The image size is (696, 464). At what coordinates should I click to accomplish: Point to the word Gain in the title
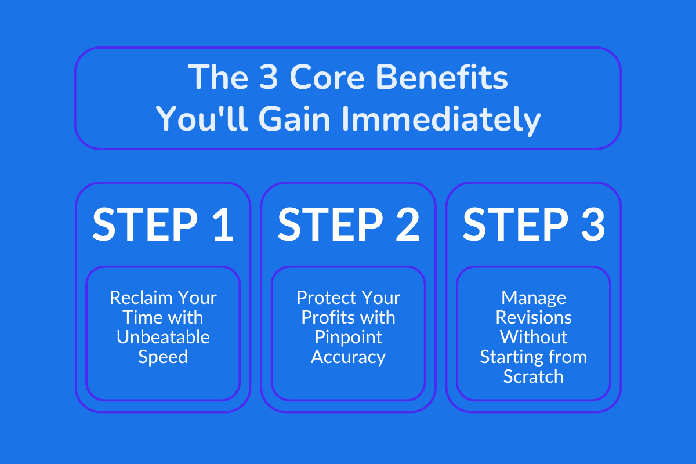[x=295, y=120]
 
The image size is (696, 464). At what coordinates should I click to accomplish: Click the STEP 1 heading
[x=163, y=224]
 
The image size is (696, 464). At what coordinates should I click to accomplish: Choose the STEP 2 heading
[x=348, y=224]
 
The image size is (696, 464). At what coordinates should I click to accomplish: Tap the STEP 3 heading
[x=534, y=224]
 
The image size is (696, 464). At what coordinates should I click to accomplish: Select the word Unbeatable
[x=163, y=337]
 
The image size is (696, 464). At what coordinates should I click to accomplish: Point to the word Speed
[x=163, y=357]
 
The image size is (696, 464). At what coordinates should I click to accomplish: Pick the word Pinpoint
[x=348, y=337]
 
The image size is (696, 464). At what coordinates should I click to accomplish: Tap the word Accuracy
[x=348, y=357]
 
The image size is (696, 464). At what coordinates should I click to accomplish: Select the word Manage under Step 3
[x=534, y=298]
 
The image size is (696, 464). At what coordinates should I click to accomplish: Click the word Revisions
[x=534, y=318]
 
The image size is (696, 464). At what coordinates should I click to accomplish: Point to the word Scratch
[x=534, y=376]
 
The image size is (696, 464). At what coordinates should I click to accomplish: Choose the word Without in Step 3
[x=534, y=337]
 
